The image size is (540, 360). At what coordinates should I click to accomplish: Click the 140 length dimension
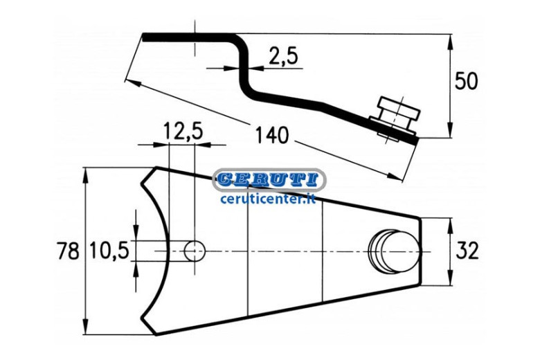[271, 136]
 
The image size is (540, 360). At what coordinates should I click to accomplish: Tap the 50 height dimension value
[467, 82]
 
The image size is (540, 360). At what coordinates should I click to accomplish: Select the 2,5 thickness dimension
[283, 56]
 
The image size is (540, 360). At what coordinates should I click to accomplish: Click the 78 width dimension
[68, 251]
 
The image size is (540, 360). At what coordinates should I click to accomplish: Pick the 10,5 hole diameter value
[109, 251]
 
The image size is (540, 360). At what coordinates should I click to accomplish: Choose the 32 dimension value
[467, 251]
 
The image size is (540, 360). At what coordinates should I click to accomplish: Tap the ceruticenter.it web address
[269, 199]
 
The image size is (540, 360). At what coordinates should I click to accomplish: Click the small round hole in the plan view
[195, 251]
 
